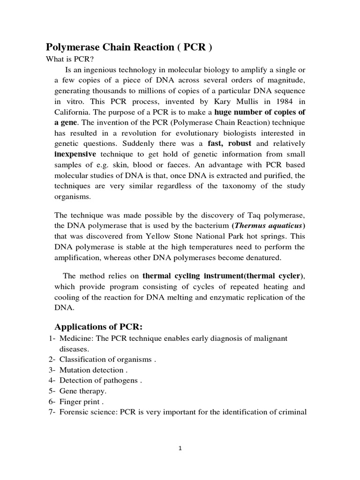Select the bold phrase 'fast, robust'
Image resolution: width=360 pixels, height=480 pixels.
click(x=231, y=143)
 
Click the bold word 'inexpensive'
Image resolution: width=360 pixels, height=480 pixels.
click(x=75, y=154)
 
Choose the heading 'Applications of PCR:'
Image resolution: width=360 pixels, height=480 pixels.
click(x=94, y=326)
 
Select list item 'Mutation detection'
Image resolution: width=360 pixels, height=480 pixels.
click(x=90, y=370)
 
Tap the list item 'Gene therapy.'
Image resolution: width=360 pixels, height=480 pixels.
click(x=83, y=391)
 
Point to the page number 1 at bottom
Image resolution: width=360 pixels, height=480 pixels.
click(x=180, y=448)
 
